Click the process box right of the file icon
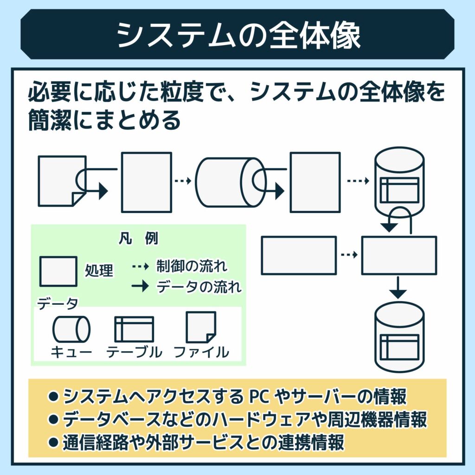pyautogui.click(x=146, y=182)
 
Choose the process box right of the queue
pyautogui.click(x=315, y=182)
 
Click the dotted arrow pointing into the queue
pyautogui.click(x=183, y=181)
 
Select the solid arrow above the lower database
pyautogui.click(x=398, y=288)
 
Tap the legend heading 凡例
pyautogui.click(x=138, y=239)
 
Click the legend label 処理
pyautogui.click(x=99, y=270)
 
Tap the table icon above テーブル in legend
pyautogui.click(x=134, y=328)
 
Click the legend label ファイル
pyautogui.click(x=201, y=352)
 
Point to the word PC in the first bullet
pyautogui.click(x=260, y=397)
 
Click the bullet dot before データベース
pyautogui.click(x=53, y=420)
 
